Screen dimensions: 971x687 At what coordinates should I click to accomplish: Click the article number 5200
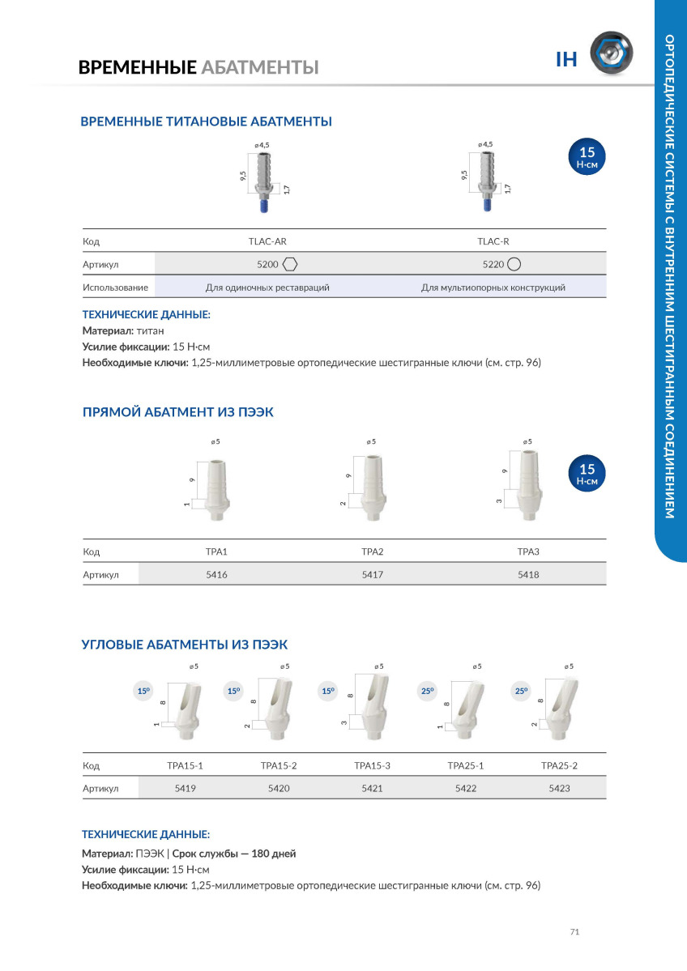267,264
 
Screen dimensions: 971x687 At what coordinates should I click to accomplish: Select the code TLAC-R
493,241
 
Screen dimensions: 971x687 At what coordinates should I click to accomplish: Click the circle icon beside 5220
514,264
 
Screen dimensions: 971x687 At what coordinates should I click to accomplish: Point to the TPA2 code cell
372,552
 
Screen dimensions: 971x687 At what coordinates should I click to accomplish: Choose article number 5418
528,574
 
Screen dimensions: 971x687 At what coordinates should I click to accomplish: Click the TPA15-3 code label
372,765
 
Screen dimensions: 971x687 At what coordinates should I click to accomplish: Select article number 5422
466,788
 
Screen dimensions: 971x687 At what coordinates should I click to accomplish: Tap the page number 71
574,932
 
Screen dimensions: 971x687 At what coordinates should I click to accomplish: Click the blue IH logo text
566,59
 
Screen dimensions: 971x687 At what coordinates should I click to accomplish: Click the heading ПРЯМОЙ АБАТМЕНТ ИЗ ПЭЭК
178,412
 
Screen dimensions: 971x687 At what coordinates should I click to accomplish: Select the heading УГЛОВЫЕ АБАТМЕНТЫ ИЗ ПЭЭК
185,645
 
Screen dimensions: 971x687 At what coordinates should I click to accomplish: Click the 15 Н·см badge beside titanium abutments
587,155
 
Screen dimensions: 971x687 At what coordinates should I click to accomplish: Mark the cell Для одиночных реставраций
267,287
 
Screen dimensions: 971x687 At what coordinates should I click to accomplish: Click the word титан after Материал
151,331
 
